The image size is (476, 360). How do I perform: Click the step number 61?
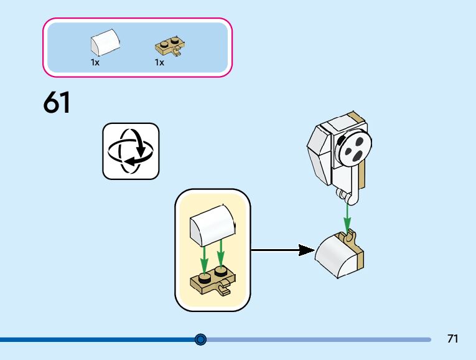coord(57,103)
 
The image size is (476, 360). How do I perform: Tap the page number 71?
coord(452,339)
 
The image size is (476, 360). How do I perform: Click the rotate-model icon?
coord(131,151)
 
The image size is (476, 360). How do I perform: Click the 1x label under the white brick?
coord(95,62)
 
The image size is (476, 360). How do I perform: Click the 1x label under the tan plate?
coord(159,62)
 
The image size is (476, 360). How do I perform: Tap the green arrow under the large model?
coord(347,217)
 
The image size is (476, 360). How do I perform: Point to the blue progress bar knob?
coord(200,339)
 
